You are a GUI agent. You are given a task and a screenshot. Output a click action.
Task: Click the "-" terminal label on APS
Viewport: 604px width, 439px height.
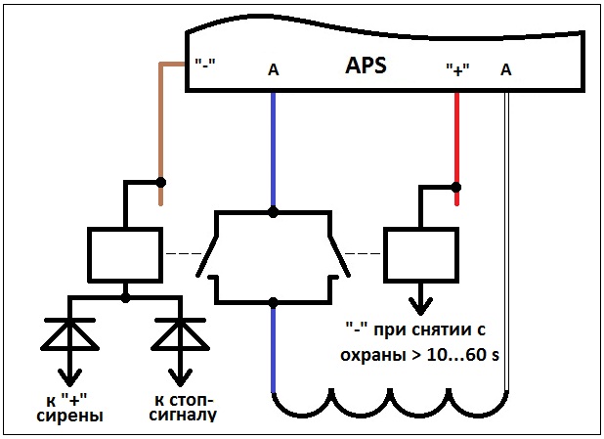click(x=205, y=65)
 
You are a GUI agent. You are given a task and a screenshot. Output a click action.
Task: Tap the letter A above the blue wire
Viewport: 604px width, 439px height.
click(x=273, y=69)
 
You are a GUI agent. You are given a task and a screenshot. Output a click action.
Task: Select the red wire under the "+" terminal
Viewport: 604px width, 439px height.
click(x=456, y=137)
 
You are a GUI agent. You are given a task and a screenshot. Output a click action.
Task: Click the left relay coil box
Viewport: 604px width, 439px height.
click(x=124, y=254)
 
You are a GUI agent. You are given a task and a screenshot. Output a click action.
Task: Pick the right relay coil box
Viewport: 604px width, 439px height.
click(x=419, y=254)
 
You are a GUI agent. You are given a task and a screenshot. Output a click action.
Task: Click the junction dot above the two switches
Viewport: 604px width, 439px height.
click(x=274, y=211)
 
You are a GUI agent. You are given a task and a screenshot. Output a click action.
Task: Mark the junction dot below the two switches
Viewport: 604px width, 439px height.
click(x=274, y=302)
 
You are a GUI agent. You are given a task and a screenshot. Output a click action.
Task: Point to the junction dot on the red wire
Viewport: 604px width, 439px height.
click(x=456, y=186)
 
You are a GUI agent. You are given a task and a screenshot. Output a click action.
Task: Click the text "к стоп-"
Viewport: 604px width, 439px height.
click(x=184, y=399)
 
